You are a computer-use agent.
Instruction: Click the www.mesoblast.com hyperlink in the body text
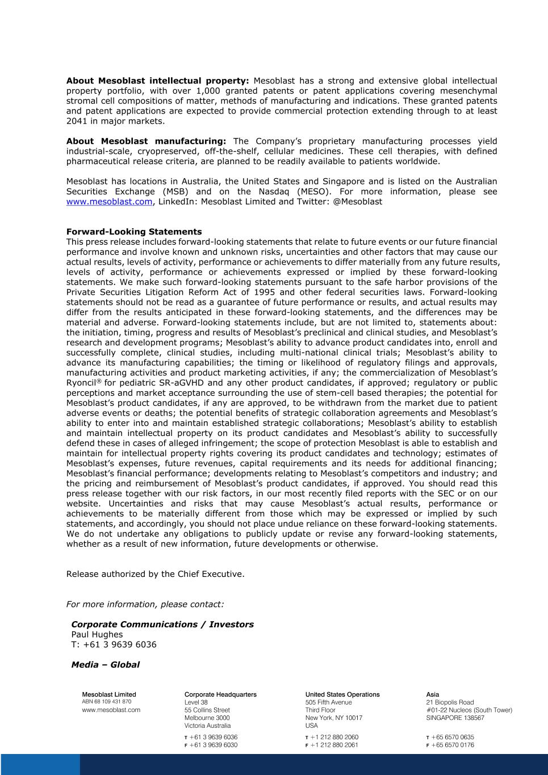[109, 202]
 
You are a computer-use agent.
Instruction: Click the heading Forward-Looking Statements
[133, 232]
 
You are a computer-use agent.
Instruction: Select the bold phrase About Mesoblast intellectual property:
[157, 81]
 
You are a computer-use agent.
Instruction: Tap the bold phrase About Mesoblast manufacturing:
[146, 141]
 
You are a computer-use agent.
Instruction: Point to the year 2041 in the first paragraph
[77, 121]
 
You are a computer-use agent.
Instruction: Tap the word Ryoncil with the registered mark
[83, 383]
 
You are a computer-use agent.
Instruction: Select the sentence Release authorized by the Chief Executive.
[155, 574]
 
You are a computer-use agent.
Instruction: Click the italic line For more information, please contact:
[145, 604]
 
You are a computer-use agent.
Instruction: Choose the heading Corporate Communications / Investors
[162, 625]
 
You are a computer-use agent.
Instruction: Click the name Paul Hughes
[97, 635]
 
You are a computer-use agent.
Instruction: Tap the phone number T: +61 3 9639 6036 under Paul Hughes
[114, 644]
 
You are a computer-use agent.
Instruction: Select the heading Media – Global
[105, 665]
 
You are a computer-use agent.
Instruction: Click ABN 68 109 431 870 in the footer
[107, 702]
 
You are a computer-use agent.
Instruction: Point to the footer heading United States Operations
[342, 694]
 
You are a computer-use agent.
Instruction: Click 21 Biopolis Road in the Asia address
[450, 702]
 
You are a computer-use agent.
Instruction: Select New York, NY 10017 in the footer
[334, 718]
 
